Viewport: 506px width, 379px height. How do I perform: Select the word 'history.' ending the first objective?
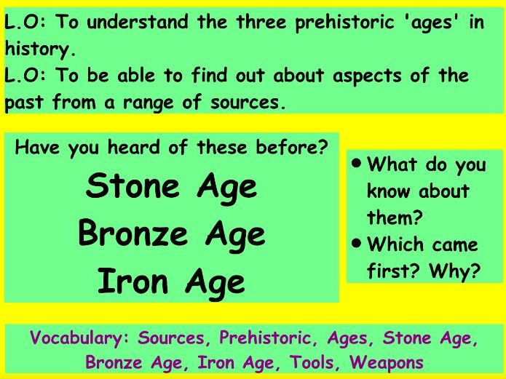(x=39, y=49)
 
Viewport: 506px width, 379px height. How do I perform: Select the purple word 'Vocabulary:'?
(x=79, y=339)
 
